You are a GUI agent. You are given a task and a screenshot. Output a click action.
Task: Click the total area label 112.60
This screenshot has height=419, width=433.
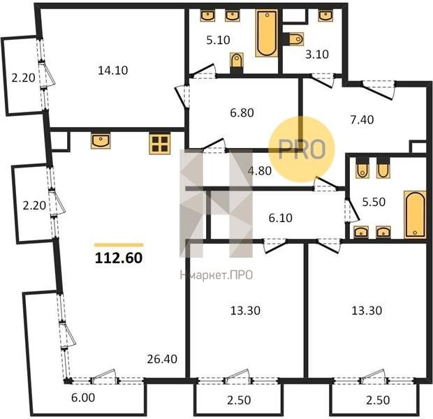(119, 258)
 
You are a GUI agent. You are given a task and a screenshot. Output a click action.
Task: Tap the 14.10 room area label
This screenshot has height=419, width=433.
(113, 70)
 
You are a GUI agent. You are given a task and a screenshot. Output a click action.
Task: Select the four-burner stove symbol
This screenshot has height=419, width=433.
(160, 143)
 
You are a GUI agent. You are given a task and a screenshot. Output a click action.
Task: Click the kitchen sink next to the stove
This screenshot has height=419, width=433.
(101, 140)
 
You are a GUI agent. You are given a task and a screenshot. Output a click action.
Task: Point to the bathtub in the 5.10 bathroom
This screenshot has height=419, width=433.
(267, 33)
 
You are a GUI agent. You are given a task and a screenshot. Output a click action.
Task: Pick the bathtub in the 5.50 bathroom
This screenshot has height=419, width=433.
(415, 214)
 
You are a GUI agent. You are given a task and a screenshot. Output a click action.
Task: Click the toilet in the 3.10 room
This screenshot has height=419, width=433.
(295, 39)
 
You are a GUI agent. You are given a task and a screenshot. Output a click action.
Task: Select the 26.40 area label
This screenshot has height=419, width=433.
(162, 359)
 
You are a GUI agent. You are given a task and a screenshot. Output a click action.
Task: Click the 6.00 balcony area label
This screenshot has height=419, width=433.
(83, 398)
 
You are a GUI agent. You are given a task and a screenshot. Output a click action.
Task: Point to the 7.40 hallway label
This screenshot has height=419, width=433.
(362, 120)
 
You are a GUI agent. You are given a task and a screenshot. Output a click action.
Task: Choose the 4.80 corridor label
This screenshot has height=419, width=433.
(260, 171)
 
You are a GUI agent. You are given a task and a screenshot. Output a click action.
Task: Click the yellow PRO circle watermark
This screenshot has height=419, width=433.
(302, 149)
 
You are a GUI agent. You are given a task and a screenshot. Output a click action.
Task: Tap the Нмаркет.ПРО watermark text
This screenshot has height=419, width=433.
(216, 275)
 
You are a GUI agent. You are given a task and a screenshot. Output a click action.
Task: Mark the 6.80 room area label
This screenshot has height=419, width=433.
(242, 112)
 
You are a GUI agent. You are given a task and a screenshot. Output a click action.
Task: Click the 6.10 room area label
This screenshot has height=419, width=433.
(280, 218)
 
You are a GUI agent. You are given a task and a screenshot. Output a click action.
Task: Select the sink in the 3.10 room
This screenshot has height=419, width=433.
(325, 16)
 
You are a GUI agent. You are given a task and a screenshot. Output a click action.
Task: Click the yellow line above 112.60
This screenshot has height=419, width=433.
(119, 244)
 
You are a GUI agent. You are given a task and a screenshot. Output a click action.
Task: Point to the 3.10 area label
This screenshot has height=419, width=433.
(317, 54)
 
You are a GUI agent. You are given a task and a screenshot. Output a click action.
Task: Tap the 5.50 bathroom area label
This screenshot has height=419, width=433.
(374, 202)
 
